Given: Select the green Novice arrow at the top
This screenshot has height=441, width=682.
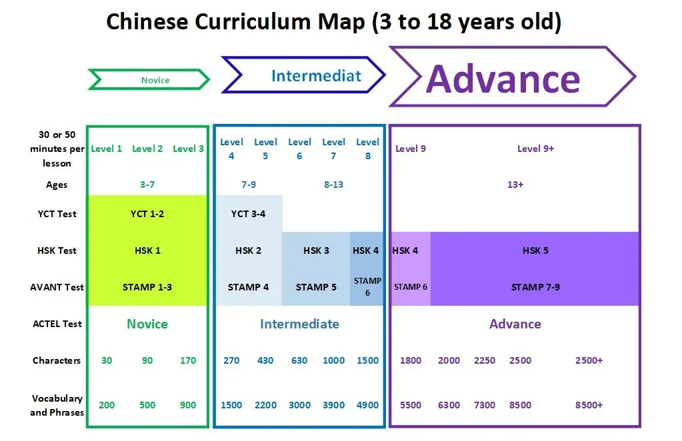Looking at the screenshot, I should coord(149,80).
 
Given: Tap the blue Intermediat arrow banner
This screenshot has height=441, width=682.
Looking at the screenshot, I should coord(304,75).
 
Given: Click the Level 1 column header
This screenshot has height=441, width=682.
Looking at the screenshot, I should coord(106,149).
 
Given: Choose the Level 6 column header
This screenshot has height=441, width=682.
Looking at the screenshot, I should coord(299,149).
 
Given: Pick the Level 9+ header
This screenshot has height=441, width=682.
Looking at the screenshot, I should coord(535,149).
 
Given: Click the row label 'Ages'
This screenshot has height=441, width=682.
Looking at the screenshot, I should coord(57,185).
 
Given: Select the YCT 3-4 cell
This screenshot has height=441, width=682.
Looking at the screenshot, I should coord(249,214).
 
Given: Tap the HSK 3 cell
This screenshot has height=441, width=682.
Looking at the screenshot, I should coord(316,250).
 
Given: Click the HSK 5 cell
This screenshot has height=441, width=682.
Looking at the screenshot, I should coord(535,250).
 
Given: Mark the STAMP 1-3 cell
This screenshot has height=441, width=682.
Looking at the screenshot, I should coord(147,287).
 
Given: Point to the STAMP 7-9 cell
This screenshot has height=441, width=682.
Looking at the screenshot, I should coord(535,287).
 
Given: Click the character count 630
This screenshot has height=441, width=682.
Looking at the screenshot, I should coord(299,360).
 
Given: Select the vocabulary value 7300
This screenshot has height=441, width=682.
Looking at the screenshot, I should coord(485,405).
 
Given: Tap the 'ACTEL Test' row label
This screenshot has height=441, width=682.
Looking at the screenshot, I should coord(57,324).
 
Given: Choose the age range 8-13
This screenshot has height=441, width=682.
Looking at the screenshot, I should coord(333,185).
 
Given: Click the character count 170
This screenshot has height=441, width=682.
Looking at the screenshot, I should coord(188,360).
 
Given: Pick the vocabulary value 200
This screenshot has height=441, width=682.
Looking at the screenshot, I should coord(106,405).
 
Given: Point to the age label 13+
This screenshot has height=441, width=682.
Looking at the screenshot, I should coord(515,185).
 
